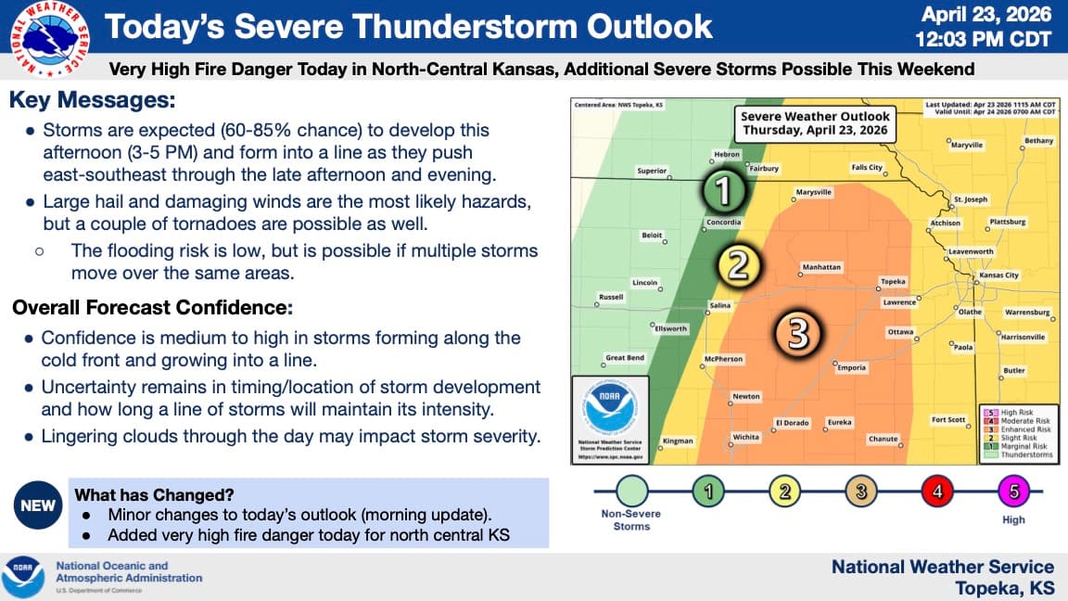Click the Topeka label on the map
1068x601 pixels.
click(x=892, y=281)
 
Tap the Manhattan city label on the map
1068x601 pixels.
click(x=821, y=267)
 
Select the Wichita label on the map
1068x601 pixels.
click(x=745, y=436)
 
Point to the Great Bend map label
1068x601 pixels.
click(x=624, y=357)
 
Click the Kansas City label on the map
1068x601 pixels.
click(x=998, y=275)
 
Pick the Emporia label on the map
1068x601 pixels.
click(x=851, y=368)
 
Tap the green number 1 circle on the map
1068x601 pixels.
click(x=723, y=192)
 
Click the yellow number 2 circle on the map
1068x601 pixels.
click(x=739, y=266)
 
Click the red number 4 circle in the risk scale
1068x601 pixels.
click(x=937, y=492)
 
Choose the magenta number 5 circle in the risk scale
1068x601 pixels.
click(x=1013, y=492)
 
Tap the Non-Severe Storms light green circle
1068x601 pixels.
click(x=631, y=492)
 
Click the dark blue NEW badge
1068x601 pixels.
click(x=36, y=505)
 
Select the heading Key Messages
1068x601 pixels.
click(x=92, y=101)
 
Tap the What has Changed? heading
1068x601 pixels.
click(x=154, y=494)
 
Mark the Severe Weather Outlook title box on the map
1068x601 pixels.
click(x=814, y=122)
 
